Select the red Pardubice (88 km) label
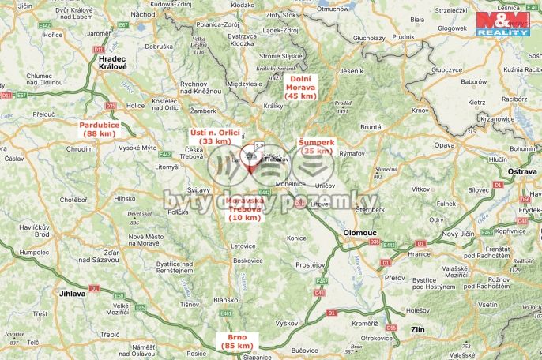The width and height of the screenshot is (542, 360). (99, 129)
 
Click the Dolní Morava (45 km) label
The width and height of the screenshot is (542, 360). (300, 87)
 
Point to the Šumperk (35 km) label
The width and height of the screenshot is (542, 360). (318, 146)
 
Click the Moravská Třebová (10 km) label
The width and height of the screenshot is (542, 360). (243, 208)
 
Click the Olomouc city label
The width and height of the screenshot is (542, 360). (364, 234)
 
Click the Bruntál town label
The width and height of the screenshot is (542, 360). (371, 126)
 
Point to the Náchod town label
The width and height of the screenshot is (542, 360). (143, 14)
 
